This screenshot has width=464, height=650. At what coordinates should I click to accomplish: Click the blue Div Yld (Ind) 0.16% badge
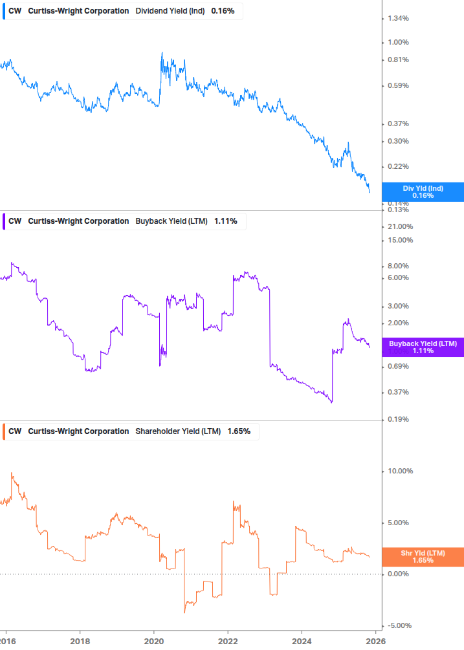pyautogui.click(x=423, y=191)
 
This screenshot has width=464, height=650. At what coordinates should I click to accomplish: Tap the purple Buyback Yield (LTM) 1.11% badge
pyautogui.click(x=423, y=347)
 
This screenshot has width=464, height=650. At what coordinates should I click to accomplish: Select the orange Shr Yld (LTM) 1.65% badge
pyautogui.click(x=423, y=557)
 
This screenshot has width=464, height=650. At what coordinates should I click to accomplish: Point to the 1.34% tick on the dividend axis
pyautogui.click(x=397, y=18)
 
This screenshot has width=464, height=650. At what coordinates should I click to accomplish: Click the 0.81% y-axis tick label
pyautogui.click(x=397, y=60)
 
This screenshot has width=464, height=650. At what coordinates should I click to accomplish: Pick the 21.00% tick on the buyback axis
pyautogui.click(x=399, y=226)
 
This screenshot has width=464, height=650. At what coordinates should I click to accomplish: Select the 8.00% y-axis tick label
pyautogui.click(x=397, y=266)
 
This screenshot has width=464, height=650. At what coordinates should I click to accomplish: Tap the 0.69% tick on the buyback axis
pyautogui.click(x=397, y=367)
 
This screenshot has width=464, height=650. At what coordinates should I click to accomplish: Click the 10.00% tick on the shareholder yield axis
pyautogui.click(x=399, y=471)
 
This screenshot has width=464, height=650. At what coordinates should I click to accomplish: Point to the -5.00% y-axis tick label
pyautogui.click(x=399, y=625)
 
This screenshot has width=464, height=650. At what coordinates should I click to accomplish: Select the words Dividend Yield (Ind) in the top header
pyautogui.click(x=171, y=11)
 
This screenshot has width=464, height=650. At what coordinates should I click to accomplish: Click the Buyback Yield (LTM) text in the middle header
pyautogui.click(x=171, y=221)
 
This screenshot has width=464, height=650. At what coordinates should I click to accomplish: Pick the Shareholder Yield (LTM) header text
pyautogui.click(x=178, y=431)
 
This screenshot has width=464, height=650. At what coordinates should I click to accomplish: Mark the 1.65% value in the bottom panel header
pyautogui.click(x=239, y=431)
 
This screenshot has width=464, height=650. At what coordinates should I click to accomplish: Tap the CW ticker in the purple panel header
pyautogui.click(x=15, y=221)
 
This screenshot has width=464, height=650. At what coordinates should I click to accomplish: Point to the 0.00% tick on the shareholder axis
pyautogui.click(x=397, y=574)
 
